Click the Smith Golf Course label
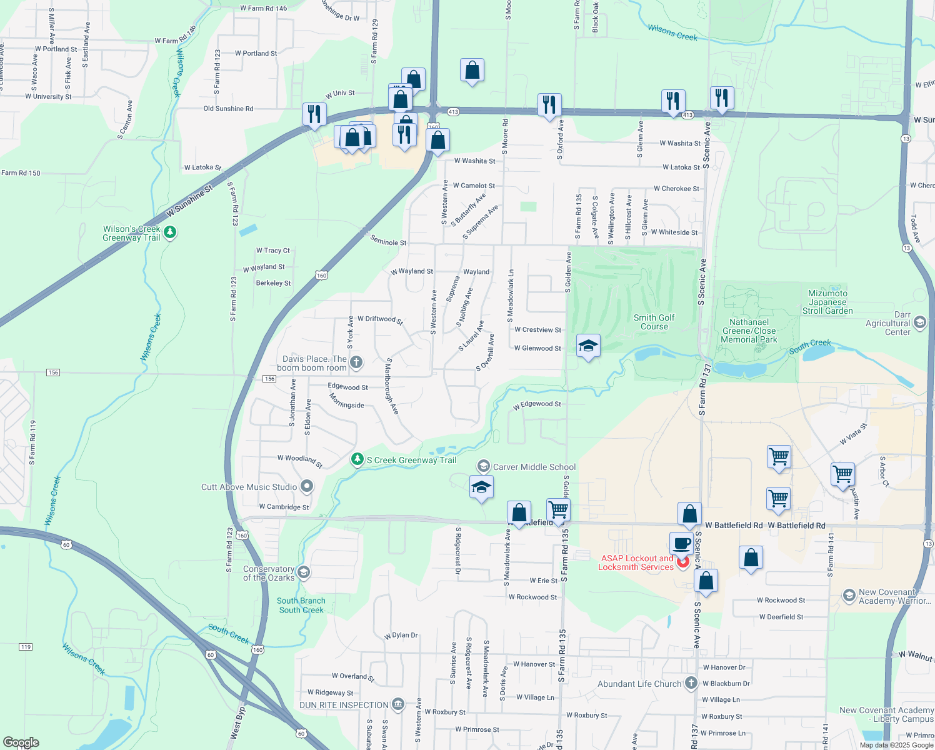(654, 322)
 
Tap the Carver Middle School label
(534, 467)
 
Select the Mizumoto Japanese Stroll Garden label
(827, 302)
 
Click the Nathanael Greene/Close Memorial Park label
(749, 331)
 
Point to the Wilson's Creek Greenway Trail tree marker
(170, 232)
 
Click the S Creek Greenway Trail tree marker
(357, 460)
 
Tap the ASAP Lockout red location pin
(682, 562)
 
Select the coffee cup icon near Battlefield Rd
(682, 543)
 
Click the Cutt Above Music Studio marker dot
(307, 486)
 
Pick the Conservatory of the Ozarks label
(269, 573)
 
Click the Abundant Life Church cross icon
(691, 683)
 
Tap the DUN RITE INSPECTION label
(344, 705)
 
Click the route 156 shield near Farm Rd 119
(53, 372)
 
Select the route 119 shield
(26, 647)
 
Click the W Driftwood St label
(380, 319)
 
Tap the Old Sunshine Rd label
(228, 109)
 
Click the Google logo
(21, 742)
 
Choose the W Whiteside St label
(674, 232)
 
